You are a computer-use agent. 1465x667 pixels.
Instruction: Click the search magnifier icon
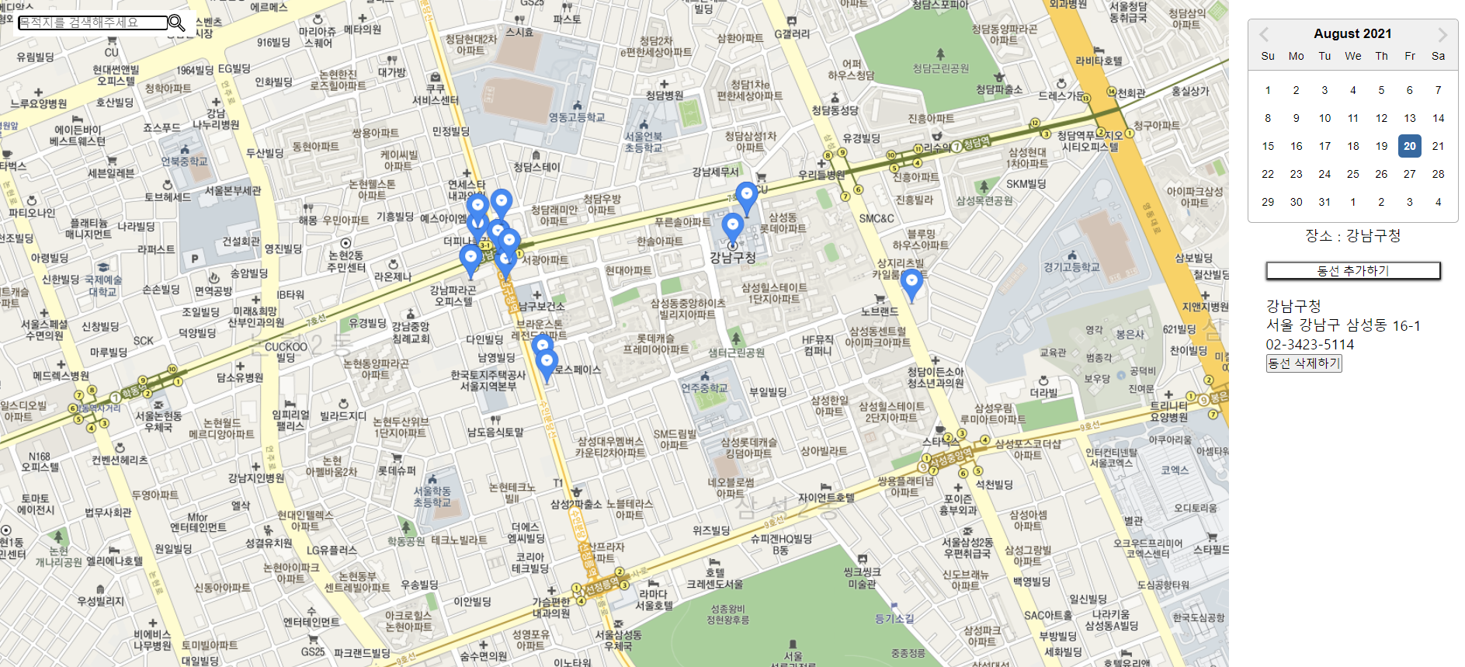tap(176, 23)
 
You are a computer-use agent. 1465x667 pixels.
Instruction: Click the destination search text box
tap(92, 23)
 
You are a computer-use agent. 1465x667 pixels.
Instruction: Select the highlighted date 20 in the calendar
tap(1409, 146)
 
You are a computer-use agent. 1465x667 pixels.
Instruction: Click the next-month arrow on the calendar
tap(1442, 34)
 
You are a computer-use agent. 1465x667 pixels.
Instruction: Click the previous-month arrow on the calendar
tap(1264, 34)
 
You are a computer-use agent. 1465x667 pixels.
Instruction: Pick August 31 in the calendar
tap(1324, 202)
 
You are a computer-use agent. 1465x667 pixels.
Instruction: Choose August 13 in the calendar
tap(1409, 118)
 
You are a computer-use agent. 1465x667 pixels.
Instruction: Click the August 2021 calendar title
tap(1352, 33)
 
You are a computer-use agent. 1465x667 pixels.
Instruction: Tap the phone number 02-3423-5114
tap(1310, 344)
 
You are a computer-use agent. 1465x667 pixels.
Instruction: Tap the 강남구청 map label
tap(732, 258)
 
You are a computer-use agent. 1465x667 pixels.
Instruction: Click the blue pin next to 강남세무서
tap(746, 197)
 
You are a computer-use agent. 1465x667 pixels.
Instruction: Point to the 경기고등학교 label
tap(1071, 267)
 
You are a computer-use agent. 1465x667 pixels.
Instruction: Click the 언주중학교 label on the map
tap(705, 387)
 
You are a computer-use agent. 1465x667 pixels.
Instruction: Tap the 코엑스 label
tap(1175, 470)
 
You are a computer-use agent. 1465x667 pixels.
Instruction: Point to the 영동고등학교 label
tap(577, 117)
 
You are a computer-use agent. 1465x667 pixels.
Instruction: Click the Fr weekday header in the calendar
tap(1409, 56)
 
